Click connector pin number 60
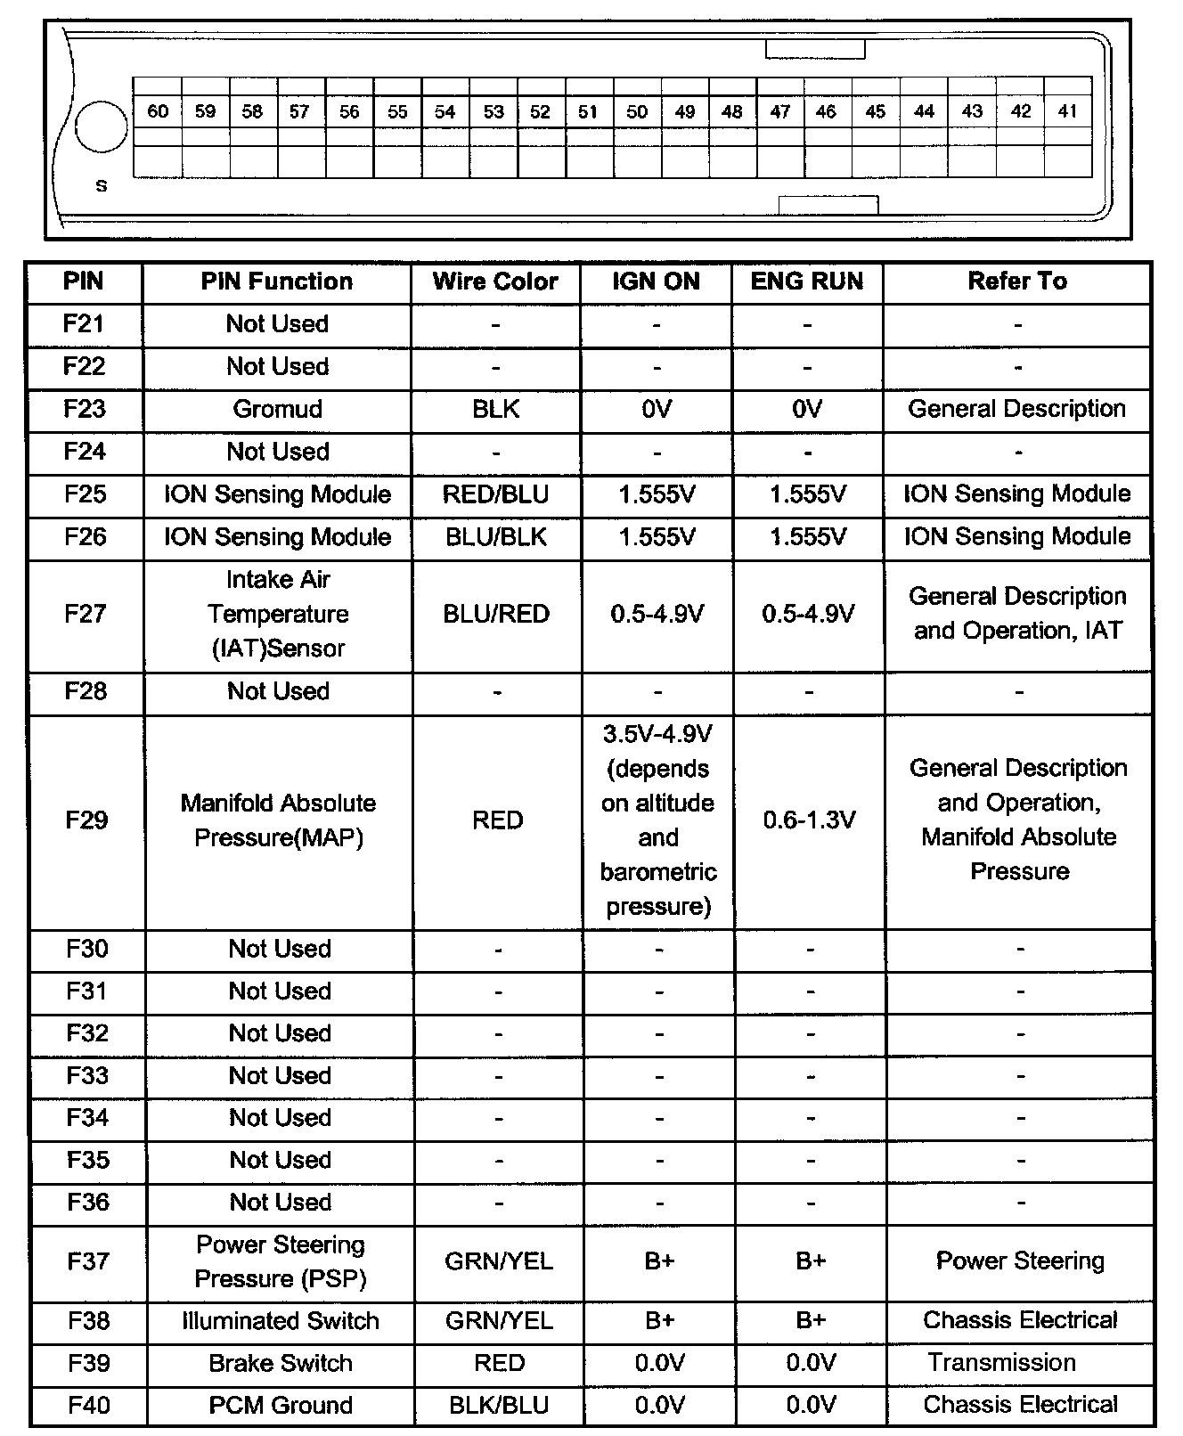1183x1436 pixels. [x=158, y=111]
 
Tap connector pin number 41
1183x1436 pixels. [x=1067, y=111]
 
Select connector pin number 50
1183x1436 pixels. [x=637, y=111]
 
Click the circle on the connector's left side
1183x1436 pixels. [x=102, y=127]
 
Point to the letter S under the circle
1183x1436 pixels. [x=102, y=186]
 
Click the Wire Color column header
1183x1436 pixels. [x=495, y=281]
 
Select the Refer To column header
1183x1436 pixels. [x=1017, y=281]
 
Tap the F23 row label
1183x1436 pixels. [x=85, y=409]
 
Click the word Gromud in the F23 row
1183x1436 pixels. [x=278, y=409]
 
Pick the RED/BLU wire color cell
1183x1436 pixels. [x=496, y=494]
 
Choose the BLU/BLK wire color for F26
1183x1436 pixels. [x=496, y=537]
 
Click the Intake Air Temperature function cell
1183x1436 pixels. [x=278, y=614]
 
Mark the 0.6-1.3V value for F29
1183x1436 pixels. [x=810, y=820]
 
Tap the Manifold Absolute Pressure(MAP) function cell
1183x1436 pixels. [x=279, y=820]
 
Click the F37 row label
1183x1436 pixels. [x=88, y=1261]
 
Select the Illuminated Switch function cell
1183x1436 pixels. [x=281, y=1321]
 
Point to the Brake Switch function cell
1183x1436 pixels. [x=281, y=1364]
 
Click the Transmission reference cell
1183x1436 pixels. [x=1002, y=1363]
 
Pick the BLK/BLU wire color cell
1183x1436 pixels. [x=499, y=1406]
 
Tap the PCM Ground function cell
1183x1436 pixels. [x=281, y=1406]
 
